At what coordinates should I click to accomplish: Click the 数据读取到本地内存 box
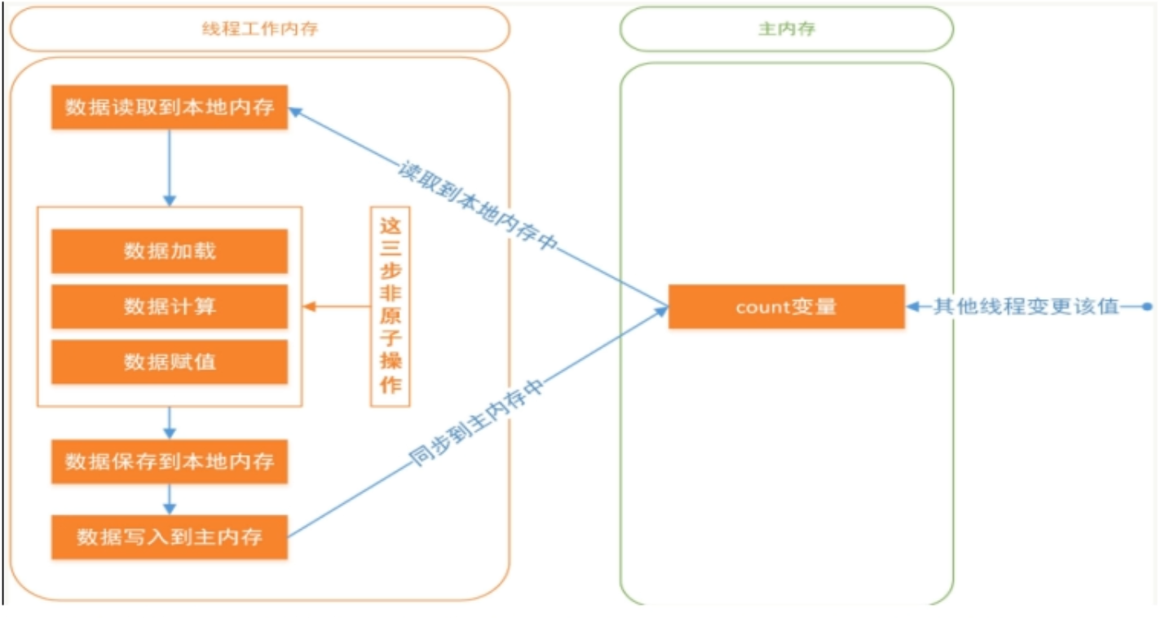coord(170,107)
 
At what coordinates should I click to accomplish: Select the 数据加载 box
coord(170,251)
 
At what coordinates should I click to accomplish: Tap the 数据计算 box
coord(170,307)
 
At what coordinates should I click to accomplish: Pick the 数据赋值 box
coord(170,361)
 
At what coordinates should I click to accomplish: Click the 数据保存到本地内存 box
coord(170,462)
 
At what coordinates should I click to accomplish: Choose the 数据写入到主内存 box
coord(170,536)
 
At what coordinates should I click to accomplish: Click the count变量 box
coord(786,307)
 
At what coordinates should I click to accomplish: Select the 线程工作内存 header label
coord(259,29)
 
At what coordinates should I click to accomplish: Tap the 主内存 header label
coord(786,29)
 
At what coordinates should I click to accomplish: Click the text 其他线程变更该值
coord(1026,307)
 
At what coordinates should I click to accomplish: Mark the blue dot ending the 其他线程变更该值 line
coord(1147,307)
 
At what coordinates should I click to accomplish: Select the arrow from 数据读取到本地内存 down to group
coord(170,167)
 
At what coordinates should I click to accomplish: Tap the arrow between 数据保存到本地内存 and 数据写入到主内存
coord(170,499)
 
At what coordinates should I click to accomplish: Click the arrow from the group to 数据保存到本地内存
coord(170,422)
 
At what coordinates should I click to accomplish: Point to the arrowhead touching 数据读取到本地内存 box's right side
coord(295,112)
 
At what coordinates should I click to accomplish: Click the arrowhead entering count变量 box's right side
coord(913,307)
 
